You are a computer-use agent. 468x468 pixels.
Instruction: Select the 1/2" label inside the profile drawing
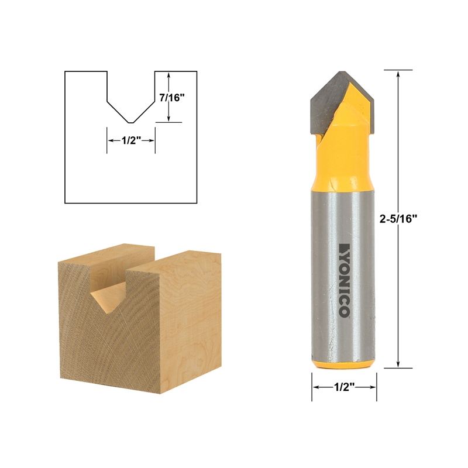[130, 140]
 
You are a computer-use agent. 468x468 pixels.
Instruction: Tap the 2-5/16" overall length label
[402, 219]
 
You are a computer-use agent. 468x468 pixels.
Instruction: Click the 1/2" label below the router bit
[343, 387]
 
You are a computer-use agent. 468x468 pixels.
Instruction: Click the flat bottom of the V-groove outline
[130, 122]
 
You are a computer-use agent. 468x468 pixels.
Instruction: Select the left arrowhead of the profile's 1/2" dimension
[109, 140]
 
